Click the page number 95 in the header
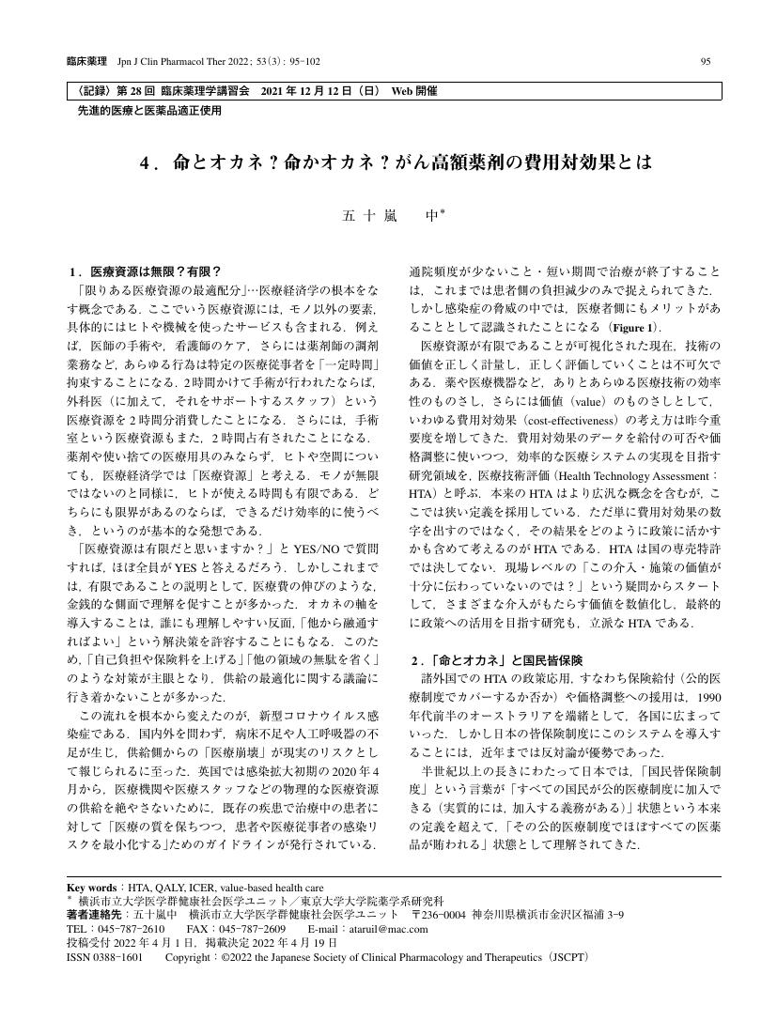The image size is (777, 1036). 706,62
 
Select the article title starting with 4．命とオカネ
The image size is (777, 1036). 395,162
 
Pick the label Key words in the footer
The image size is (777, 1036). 92,886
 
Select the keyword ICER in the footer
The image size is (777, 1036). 201,886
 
